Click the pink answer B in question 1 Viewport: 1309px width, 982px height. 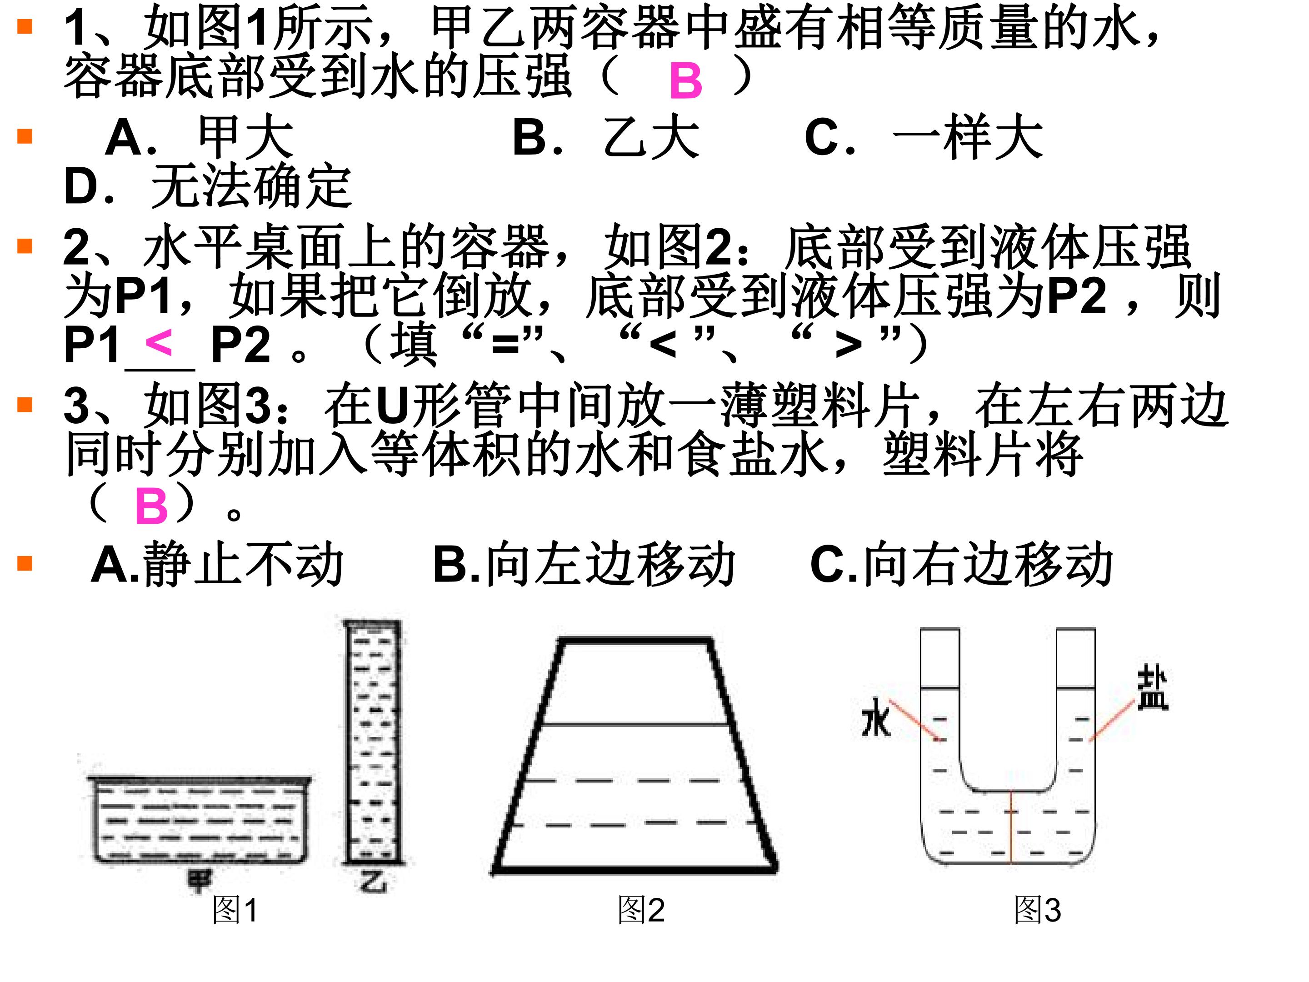click(686, 80)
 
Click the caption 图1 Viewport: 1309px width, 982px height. click(235, 910)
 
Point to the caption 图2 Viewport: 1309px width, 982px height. click(641, 910)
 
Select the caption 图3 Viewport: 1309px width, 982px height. click(1037, 910)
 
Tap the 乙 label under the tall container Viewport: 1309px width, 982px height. click(374, 882)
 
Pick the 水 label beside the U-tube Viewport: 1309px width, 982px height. click(876, 718)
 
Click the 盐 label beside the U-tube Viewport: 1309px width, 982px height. click(1152, 688)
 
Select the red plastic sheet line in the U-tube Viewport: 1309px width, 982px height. click(1011, 827)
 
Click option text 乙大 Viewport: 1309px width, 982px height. click(651, 137)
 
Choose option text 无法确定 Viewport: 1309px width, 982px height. click(251, 186)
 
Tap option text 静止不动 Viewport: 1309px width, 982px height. click(243, 564)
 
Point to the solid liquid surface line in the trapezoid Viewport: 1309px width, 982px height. click(635, 725)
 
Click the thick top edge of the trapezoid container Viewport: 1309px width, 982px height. click(635, 641)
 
